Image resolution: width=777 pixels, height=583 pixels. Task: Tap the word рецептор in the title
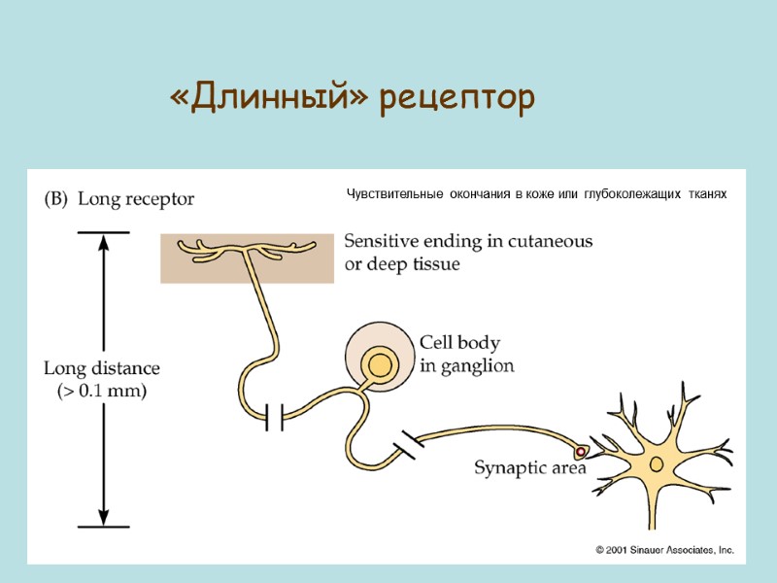pos(457,99)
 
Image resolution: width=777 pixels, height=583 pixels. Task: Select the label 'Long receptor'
pos(136,199)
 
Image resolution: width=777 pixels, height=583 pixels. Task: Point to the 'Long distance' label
pos(102,369)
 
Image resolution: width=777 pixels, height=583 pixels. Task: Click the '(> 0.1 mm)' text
pos(102,392)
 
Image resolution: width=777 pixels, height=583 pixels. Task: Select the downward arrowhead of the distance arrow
pos(103,515)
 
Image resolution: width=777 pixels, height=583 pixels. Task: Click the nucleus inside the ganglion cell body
pos(379,364)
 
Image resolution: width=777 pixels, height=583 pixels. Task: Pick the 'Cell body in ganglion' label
pos(466,355)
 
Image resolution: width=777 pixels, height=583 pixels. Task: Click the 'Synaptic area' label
pos(529,468)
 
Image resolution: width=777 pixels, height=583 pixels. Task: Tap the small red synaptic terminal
pos(581,452)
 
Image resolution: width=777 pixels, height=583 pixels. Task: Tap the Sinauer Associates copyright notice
pos(664,550)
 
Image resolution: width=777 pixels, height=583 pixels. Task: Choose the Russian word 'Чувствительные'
pos(392,195)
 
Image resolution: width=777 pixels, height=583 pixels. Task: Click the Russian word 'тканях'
pos(707,195)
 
